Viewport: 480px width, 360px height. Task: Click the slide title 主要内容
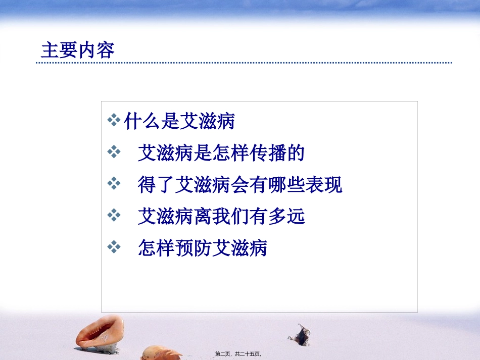tap(78, 50)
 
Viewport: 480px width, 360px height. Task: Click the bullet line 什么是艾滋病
tap(179, 121)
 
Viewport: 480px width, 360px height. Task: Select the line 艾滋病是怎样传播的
tap(221, 153)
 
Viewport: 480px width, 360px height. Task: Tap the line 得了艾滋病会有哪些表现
tap(240, 185)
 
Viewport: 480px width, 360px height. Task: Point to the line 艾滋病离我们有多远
tap(221, 217)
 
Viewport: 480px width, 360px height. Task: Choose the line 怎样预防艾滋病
tap(202, 249)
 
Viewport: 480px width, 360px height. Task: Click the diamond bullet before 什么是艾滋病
tap(115, 121)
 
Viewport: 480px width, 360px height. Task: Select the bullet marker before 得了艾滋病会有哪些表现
tap(115, 185)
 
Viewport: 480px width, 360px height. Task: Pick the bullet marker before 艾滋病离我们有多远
tap(115, 217)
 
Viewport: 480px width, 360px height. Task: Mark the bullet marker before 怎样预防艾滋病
tap(115, 248)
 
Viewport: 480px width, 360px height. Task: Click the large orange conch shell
tap(100, 333)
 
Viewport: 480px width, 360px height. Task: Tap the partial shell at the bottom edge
tap(161, 353)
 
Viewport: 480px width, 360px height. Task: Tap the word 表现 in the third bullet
tap(324, 185)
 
